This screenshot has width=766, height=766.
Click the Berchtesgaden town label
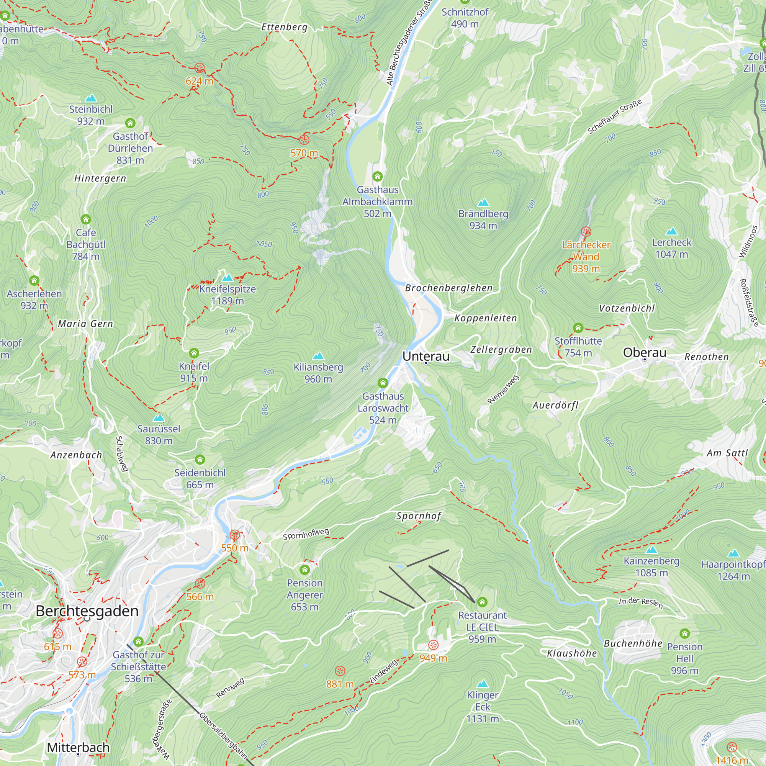(87, 611)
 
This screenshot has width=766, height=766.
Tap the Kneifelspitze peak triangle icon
(227, 278)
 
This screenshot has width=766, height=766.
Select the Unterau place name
(426, 356)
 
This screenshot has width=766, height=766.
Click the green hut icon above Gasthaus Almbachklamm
(378, 176)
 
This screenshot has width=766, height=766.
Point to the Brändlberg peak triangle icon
(483, 203)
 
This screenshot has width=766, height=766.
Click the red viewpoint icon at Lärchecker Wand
(586, 232)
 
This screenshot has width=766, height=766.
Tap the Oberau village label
(644, 352)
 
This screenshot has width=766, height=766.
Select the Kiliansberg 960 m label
(318, 373)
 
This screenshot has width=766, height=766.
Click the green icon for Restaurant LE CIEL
(482, 602)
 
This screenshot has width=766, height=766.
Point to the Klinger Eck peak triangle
(482, 684)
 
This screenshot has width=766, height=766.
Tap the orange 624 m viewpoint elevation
(200, 81)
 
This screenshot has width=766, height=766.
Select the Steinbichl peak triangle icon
(91, 98)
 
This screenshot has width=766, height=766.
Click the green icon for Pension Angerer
(304, 570)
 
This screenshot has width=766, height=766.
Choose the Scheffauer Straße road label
(614, 117)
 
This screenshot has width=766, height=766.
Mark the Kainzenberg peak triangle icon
(651, 550)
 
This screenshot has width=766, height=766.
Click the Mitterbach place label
(78, 747)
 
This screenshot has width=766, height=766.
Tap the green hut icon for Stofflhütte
(578, 328)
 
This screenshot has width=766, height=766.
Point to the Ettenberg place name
(284, 27)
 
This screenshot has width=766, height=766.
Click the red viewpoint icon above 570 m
(304, 139)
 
